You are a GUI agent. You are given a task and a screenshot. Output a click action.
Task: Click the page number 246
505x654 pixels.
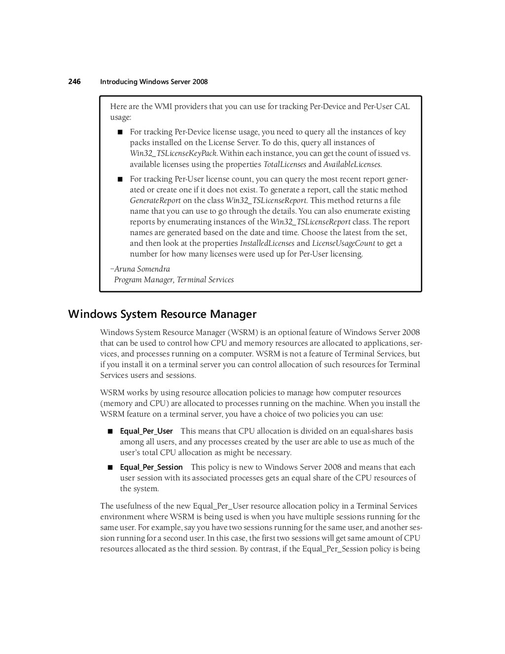click(74, 81)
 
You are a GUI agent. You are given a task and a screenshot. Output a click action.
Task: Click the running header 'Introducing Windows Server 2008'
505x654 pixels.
click(154, 82)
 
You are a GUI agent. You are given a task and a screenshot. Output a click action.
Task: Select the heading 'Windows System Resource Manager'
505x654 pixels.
click(162, 314)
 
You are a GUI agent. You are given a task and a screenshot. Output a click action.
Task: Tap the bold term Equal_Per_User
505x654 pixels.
click(146, 431)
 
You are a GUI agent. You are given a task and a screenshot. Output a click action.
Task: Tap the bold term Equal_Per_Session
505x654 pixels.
click(151, 467)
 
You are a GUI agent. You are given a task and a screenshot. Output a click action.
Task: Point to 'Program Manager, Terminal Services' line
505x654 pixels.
click(174, 280)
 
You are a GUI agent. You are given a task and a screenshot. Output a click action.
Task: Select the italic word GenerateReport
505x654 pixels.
click(155, 200)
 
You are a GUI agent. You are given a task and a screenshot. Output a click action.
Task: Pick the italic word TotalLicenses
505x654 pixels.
click(285, 164)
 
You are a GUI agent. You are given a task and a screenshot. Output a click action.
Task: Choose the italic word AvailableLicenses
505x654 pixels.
click(352, 164)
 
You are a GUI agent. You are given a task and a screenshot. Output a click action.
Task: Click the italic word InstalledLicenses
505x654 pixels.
click(267, 243)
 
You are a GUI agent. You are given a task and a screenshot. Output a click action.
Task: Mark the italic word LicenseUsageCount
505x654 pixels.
click(343, 243)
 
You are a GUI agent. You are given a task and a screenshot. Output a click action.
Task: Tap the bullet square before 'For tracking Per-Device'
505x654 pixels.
click(119, 132)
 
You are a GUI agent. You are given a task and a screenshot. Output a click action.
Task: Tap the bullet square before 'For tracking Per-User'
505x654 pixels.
click(119, 179)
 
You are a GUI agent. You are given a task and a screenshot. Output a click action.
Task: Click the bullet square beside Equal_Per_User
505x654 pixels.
click(109, 431)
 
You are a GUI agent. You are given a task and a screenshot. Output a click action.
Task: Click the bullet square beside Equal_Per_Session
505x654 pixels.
click(109, 467)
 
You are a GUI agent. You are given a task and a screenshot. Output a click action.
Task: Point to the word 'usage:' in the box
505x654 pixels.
click(121, 117)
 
